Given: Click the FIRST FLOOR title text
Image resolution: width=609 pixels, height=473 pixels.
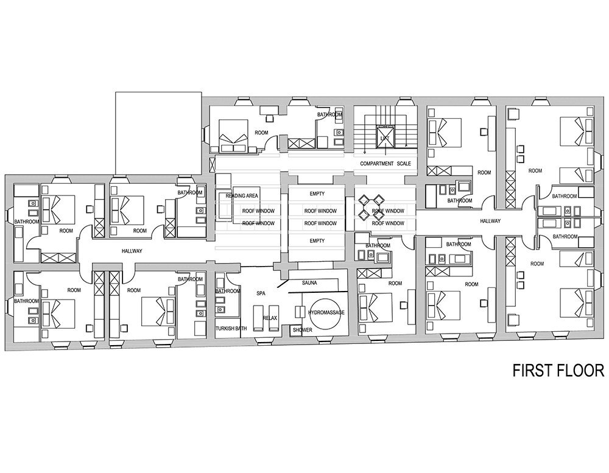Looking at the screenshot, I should click(x=557, y=371).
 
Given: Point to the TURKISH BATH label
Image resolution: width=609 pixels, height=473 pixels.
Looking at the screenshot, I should click(x=231, y=329).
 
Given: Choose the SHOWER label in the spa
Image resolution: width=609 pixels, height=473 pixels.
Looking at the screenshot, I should click(x=302, y=329).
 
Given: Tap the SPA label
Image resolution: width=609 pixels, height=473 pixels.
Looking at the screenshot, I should click(x=262, y=293).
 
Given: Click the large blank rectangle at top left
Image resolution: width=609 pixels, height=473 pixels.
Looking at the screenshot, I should click(x=158, y=132).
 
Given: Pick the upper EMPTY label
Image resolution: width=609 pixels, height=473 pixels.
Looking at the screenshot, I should click(x=317, y=194).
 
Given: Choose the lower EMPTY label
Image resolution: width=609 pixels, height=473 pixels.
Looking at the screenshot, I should click(x=317, y=241).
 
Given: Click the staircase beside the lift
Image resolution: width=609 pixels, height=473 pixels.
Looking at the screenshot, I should click(x=366, y=131).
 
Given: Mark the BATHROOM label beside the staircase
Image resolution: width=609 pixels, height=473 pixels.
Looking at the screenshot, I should click(x=330, y=114).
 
